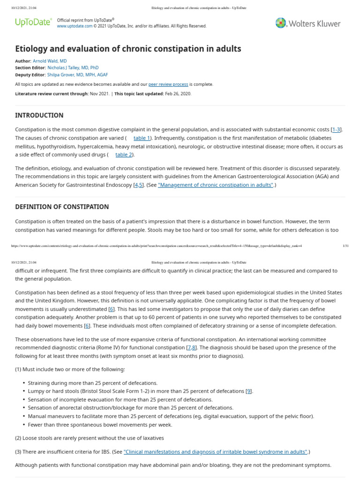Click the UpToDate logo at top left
(33, 22)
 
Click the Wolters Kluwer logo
(308, 23)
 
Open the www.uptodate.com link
(75, 26)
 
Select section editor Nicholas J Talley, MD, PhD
(73, 68)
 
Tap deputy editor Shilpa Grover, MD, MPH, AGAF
(77, 75)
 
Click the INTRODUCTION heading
(39, 115)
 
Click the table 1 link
(142, 138)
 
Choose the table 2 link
(124, 155)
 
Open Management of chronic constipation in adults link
(216, 185)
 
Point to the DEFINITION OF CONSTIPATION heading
(62, 207)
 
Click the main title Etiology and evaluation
(128, 49)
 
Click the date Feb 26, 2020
(178, 94)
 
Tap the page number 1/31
(345, 246)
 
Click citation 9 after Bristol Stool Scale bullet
(249, 391)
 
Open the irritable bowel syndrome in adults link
(216, 452)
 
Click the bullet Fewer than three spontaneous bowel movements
(100, 425)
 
